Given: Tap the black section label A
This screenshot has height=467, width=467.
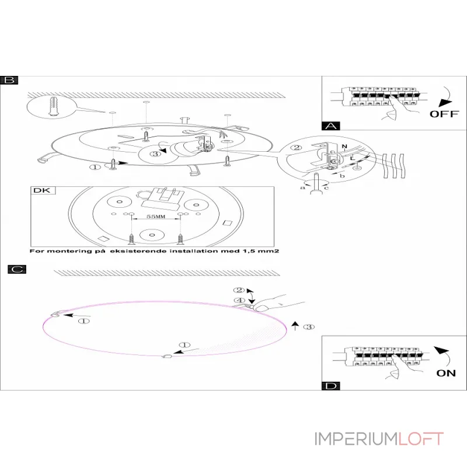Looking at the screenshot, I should [330, 126].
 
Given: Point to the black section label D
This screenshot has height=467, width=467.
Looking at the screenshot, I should [330, 386].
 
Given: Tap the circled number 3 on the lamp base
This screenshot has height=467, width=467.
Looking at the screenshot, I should [155, 154].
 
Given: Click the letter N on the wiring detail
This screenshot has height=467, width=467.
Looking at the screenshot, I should [344, 145].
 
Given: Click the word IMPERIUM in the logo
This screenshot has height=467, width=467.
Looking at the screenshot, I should [356, 439].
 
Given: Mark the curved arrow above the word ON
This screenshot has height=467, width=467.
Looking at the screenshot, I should [443, 354].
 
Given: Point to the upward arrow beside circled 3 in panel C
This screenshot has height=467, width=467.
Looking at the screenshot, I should [296, 326].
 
